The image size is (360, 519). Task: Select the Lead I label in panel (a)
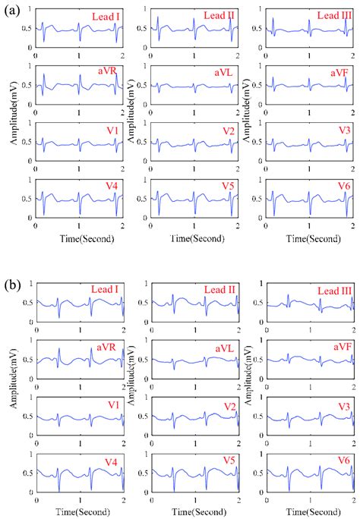click(x=103, y=15)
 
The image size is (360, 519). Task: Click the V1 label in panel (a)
click(x=111, y=131)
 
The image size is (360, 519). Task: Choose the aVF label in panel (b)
click(x=337, y=346)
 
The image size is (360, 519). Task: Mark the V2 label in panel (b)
click(x=226, y=408)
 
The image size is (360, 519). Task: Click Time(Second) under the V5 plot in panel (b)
click(x=195, y=513)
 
